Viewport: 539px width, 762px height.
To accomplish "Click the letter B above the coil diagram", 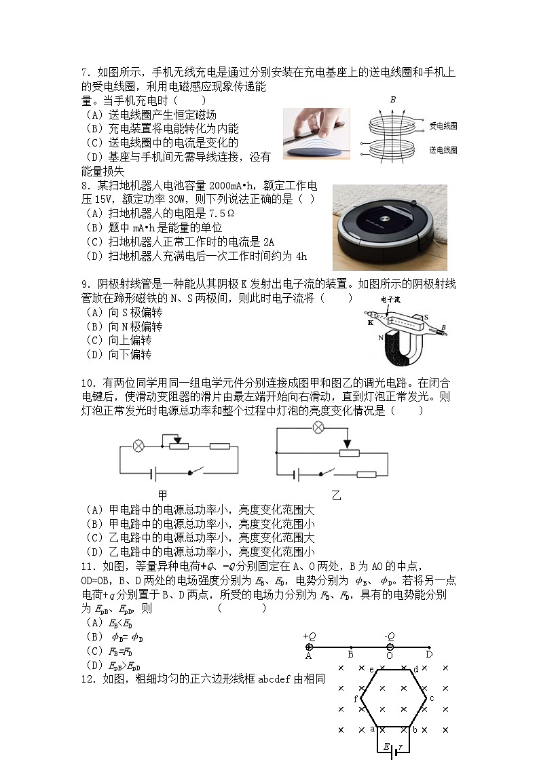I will point(392,100).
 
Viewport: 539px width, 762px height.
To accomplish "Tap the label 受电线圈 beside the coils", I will point(443,126).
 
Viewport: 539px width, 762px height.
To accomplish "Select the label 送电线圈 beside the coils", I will point(443,150).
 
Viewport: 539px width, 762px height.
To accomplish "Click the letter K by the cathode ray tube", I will point(371,323).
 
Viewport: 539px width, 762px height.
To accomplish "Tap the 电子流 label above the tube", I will point(391,299).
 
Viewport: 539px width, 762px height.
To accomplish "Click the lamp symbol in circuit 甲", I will point(138,446).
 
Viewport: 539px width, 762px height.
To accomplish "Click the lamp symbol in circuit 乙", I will point(317,427).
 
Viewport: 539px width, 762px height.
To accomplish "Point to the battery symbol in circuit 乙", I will point(296,475).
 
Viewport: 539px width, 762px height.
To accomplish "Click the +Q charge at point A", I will point(310,647).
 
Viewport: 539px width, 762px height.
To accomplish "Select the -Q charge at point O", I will point(390,647).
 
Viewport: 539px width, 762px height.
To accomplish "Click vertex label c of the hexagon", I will point(432,698).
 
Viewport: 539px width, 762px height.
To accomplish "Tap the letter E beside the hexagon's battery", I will point(386,746).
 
